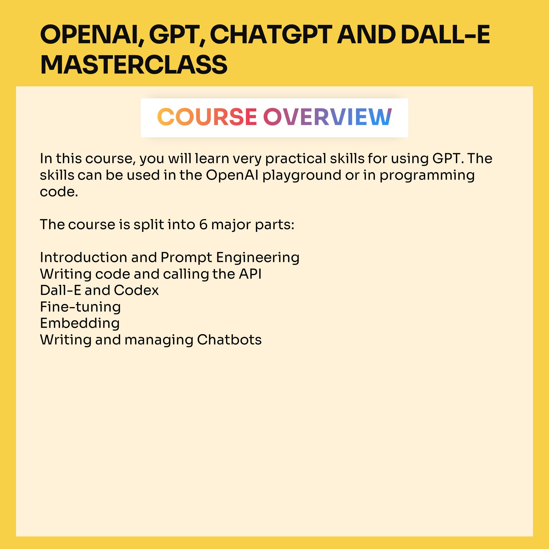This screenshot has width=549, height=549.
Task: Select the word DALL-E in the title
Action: [445, 35]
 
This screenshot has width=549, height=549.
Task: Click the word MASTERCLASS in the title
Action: [134, 65]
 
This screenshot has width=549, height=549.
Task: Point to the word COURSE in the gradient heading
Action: [207, 117]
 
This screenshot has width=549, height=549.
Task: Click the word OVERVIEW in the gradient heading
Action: [327, 117]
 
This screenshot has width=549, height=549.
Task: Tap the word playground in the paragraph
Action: [302, 175]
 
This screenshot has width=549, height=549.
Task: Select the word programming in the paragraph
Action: [427, 175]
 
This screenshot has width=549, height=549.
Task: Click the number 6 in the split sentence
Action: [203, 224]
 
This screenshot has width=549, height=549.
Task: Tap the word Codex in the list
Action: [136, 291]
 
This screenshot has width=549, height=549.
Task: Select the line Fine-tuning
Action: [80, 307]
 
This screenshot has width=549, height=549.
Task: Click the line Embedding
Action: [80, 323]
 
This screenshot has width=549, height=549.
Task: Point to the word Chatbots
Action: [229, 340]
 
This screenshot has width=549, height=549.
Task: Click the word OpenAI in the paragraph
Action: [232, 175]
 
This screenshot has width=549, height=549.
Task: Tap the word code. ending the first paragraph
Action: [59, 192]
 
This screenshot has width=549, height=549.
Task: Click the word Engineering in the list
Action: [258, 258]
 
